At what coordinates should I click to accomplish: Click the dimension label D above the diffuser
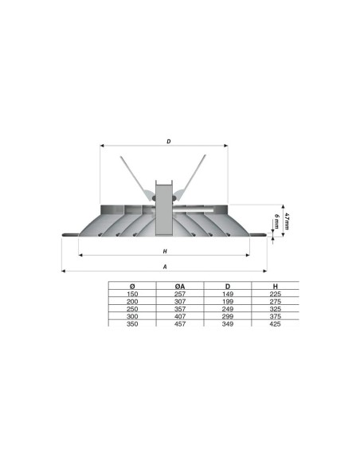point(169,142)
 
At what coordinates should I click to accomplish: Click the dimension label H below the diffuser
point(164,252)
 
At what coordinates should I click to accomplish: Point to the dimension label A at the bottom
point(164,267)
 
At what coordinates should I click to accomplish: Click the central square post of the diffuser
point(164,209)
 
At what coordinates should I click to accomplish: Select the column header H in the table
point(275,286)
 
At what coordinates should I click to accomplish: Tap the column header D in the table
point(228,286)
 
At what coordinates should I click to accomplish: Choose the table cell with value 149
point(228,294)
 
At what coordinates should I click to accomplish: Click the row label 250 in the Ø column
point(132,308)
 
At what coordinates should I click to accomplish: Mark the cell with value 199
point(228,301)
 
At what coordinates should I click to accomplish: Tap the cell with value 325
point(275,308)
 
